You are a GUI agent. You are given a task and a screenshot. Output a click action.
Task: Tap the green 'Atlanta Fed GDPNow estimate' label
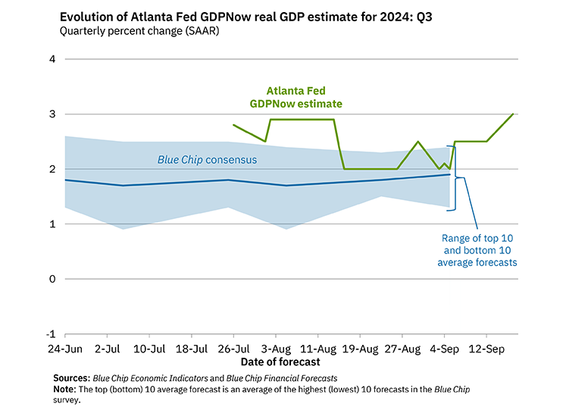point(296,96)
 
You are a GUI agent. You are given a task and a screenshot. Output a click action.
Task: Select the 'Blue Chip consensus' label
point(207,160)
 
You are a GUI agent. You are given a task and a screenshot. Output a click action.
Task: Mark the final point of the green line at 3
point(514,114)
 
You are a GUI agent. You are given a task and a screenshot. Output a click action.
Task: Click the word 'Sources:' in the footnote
point(71,377)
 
